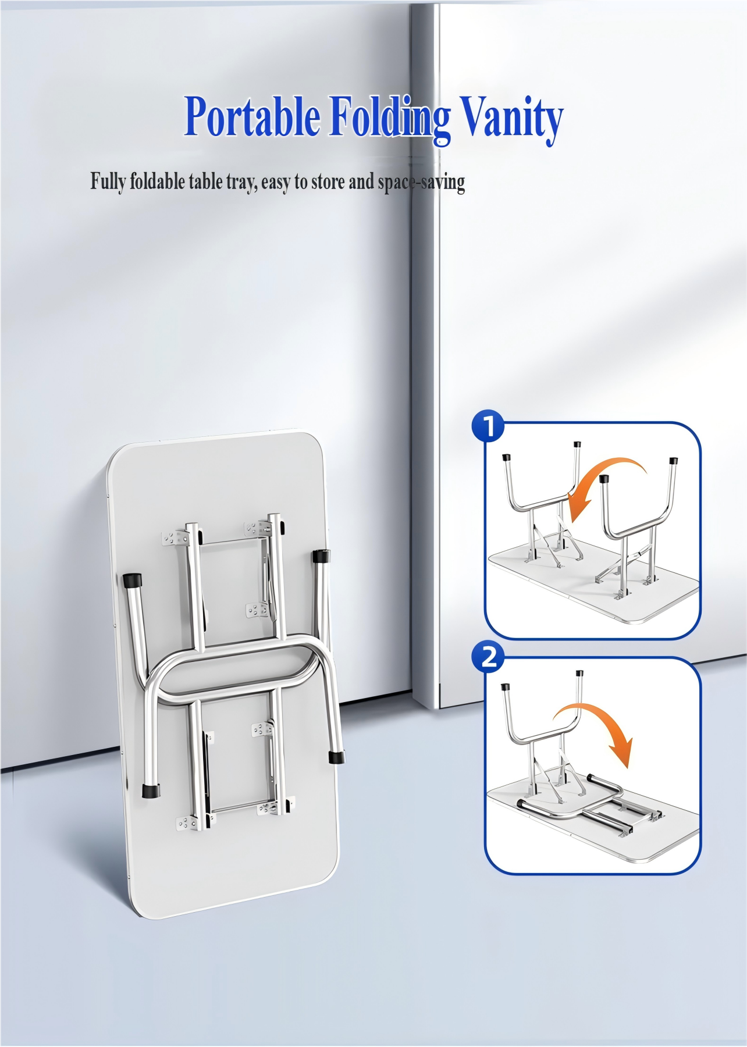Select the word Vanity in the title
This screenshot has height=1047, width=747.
click(512, 119)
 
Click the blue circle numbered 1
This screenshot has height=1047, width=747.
click(489, 426)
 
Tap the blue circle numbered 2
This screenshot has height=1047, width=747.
click(489, 657)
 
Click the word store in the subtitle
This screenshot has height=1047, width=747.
click(328, 182)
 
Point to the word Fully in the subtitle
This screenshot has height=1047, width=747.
click(108, 182)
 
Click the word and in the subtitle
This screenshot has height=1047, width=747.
click(361, 182)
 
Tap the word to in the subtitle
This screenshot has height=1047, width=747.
click(301, 183)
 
